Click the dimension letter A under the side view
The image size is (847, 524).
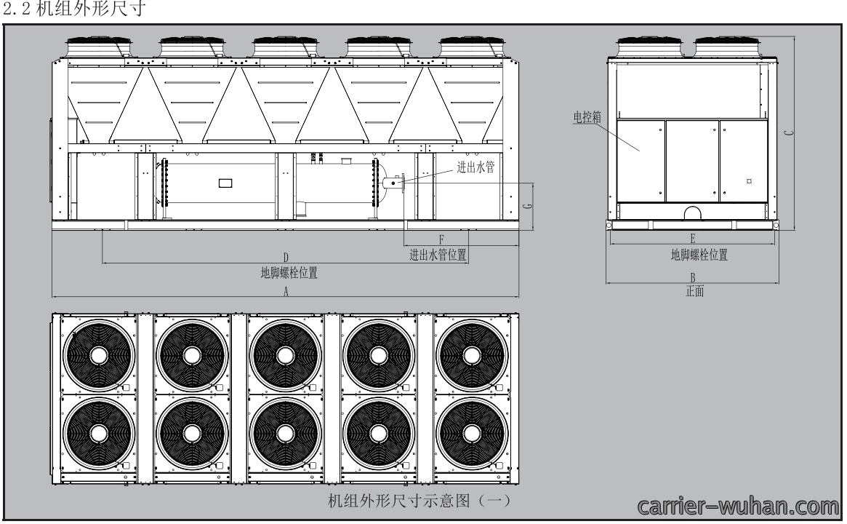[x=286, y=291]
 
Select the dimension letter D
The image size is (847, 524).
[x=286, y=258]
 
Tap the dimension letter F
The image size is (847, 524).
[x=441, y=239]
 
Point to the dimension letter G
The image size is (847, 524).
[x=528, y=205]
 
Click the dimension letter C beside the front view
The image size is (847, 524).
[x=789, y=132]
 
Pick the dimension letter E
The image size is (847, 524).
[x=693, y=238]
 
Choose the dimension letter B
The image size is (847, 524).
[x=693, y=277]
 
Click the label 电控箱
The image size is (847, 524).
[x=587, y=116]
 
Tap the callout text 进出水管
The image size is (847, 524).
[x=475, y=167]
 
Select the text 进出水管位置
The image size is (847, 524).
[x=438, y=255]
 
